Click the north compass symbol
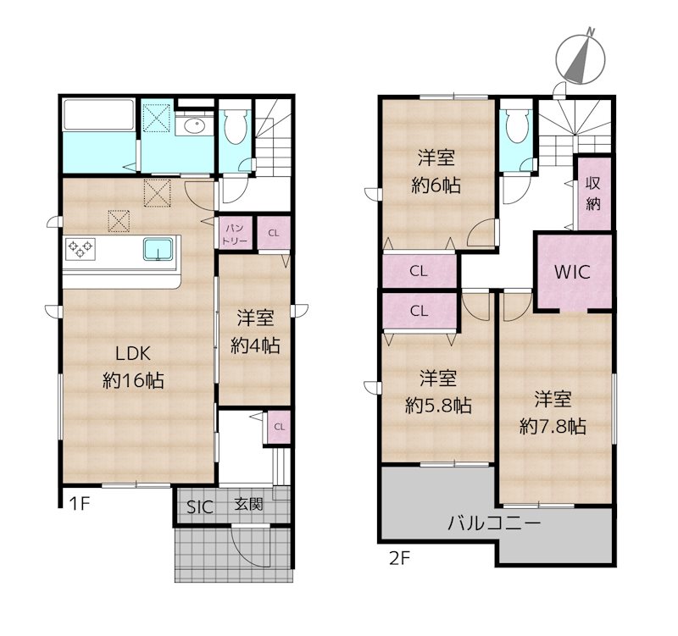581,58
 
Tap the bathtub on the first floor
99,114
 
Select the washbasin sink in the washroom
195,126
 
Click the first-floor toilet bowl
236,125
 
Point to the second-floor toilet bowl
516,124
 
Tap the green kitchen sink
159,250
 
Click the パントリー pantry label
235,235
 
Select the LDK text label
133,354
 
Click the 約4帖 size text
255,346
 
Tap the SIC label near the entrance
200,506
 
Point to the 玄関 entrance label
248,504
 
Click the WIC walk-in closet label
572,272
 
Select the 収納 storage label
593,193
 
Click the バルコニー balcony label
494,523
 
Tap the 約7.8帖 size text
553,427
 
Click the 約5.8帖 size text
438,406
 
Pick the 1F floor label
80,503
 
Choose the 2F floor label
398,559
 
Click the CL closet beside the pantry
273,234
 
